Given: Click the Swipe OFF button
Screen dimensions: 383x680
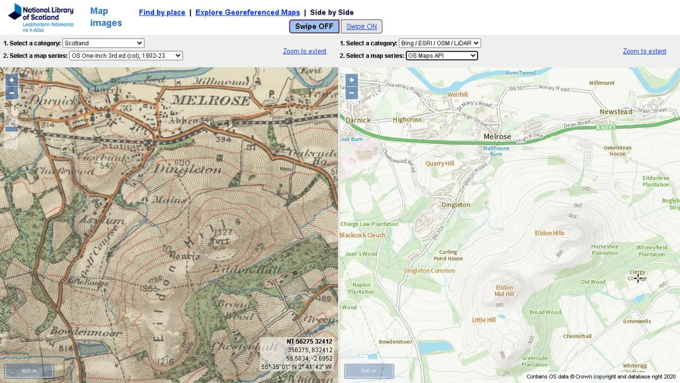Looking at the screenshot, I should (314, 27).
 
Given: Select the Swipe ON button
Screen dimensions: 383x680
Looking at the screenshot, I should (362, 27).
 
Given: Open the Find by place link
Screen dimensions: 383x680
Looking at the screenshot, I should (162, 12).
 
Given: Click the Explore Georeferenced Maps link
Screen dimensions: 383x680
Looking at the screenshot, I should (248, 12).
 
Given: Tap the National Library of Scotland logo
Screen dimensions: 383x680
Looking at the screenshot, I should (41, 17).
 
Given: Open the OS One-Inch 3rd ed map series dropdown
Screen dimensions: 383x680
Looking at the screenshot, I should (126, 56).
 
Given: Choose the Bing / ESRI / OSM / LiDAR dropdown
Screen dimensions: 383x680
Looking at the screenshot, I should (440, 43).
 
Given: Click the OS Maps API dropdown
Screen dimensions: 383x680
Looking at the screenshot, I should (442, 56).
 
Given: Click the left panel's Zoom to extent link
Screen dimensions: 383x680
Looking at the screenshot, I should (305, 51).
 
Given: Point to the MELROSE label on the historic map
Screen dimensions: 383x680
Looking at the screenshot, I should (210, 100).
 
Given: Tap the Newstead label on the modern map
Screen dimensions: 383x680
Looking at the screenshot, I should (615, 112).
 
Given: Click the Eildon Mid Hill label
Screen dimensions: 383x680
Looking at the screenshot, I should (504, 291).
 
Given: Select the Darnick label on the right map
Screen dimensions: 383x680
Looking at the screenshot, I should (358, 120).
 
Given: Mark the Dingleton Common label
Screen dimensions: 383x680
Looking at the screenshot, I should (430, 271).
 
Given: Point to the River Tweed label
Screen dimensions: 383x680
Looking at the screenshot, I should (520, 73).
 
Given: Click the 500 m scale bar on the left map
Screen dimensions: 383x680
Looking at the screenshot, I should (29, 371).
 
